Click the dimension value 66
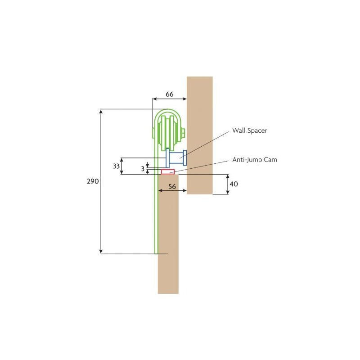click(170, 94)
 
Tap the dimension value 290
click(93, 181)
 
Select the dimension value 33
click(117, 166)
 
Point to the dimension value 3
click(143, 169)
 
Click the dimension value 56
click(172, 186)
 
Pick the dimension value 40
click(234, 184)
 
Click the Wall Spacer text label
click(250, 130)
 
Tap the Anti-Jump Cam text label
click(255, 160)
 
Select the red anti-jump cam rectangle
click(168, 172)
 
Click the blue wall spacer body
click(176, 158)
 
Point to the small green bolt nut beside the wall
click(183, 133)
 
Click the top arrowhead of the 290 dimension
click(101, 111)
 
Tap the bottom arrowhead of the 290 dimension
click(101, 252)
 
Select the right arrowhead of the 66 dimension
click(184, 99)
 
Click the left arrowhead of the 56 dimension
click(161, 190)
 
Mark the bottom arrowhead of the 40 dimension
click(228, 192)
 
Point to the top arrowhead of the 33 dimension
click(121, 160)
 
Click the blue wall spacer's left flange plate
click(167, 158)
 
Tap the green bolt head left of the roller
click(153, 133)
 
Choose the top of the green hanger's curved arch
click(168, 109)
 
